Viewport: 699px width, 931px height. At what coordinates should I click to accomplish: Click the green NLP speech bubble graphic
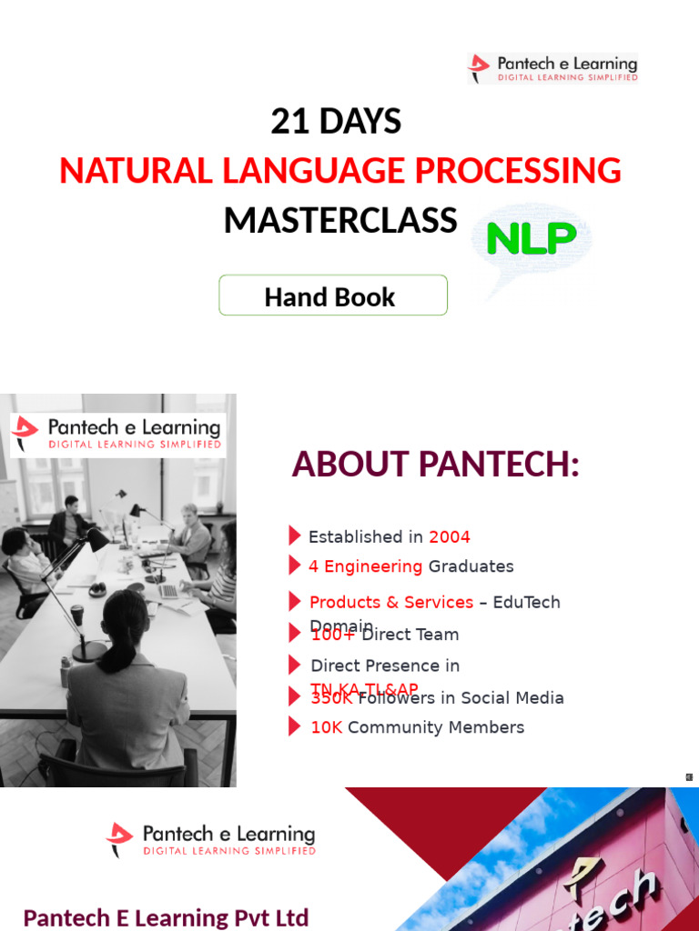(x=532, y=241)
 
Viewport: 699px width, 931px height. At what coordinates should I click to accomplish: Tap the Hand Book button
(x=332, y=296)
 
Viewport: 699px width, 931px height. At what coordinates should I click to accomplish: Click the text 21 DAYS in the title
(x=336, y=122)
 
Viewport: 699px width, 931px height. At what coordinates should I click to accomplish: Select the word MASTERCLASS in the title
(x=340, y=220)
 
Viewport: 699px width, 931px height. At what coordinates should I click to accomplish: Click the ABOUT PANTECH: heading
(x=435, y=465)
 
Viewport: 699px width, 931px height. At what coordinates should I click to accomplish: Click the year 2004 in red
(x=450, y=537)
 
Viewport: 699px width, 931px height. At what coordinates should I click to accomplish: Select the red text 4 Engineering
(x=365, y=566)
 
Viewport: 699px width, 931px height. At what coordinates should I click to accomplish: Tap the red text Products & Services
(x=391, y=602)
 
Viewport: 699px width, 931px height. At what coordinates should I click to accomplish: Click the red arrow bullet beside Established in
(x=294, y=536)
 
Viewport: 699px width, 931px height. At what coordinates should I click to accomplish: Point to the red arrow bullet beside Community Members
(x=294, y=726)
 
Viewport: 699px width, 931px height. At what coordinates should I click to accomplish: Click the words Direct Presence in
(x=385, y=666)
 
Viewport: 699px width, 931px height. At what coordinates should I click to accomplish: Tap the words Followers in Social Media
(x=461, y=698)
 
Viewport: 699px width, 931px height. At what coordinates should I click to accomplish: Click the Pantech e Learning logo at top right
(x=552, y=68)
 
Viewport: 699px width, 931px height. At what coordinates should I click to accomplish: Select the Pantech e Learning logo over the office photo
(x=117, y=433)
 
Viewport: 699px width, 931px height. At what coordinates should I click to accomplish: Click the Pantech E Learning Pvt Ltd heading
(x=166, y=916)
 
